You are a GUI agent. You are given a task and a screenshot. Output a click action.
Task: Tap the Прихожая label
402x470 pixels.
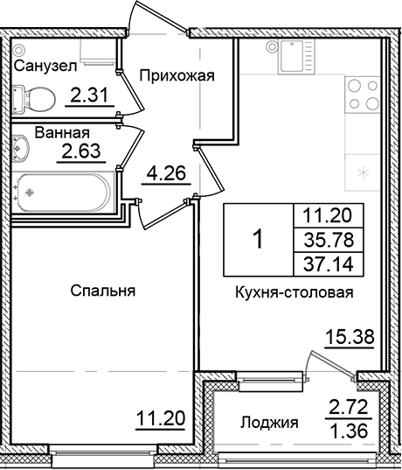[177, 75]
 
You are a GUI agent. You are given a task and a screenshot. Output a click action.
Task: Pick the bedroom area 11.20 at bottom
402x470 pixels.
[160, 420]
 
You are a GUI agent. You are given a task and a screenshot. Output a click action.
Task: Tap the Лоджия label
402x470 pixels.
[268, 423]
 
